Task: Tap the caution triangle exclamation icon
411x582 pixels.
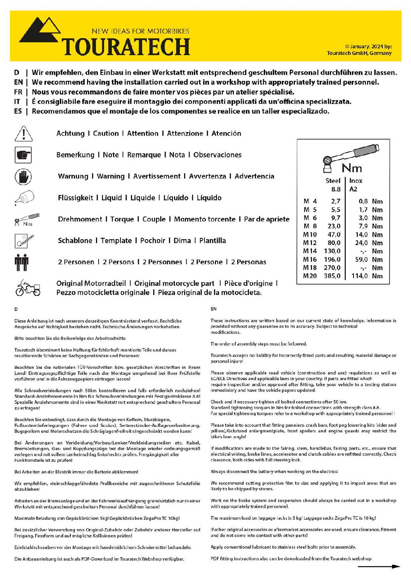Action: (x=23, y=134)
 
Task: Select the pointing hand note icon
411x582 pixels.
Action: (x=23, y=155)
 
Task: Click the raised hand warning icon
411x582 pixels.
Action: (x=23, y=177)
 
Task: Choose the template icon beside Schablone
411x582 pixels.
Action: (x=24, y=241)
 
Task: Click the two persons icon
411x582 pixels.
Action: (x=22, y=262)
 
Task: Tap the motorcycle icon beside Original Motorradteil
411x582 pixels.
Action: (x=28, y=288)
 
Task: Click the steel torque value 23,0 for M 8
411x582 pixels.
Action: (x=334, y=226)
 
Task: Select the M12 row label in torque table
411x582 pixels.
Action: (x=310, y=243)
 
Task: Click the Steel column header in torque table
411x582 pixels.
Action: (x=333, y=181)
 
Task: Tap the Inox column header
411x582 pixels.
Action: (x=355, y=181)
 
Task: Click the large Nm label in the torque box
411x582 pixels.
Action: (x=352, y=168)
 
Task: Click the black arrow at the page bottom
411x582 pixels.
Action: (x=379, y=567)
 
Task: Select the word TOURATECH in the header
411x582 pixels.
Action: (x=126, y=47)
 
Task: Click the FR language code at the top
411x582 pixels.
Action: (x=18, y=92)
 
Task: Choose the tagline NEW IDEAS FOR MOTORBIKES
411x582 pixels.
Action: (x=141, y=31)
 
